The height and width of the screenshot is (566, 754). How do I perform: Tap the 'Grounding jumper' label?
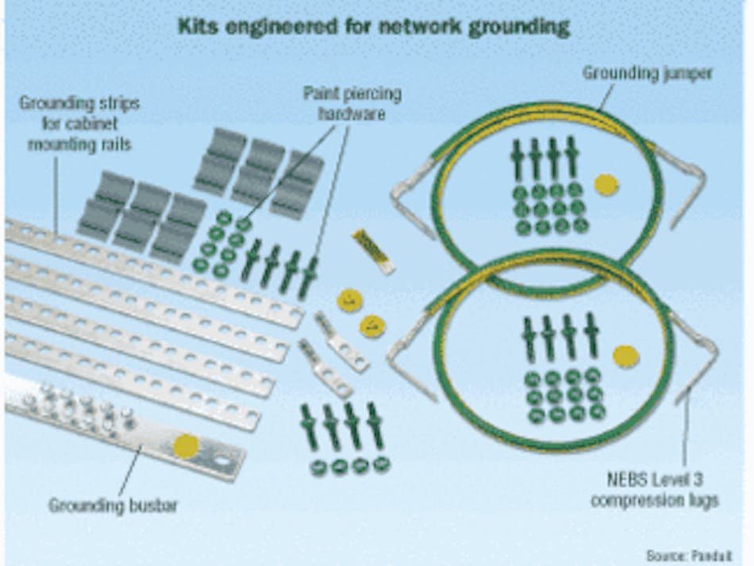click(648, 73)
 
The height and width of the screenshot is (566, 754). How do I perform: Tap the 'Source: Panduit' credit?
click(688, 555)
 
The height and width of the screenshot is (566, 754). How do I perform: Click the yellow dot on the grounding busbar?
click(187, 445)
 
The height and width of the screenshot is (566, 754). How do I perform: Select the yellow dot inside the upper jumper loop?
click(606, 185)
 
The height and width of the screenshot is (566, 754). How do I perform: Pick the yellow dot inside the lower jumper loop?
click(625, 356)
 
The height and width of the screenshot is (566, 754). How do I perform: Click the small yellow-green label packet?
click(373, 251)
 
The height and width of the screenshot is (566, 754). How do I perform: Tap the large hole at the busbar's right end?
click(226, 460)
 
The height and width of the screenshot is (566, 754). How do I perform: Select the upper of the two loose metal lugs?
click(341, 342)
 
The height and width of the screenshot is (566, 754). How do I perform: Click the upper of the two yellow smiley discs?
click(349, 300)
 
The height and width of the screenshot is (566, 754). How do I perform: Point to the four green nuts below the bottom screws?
click(350, 466)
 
